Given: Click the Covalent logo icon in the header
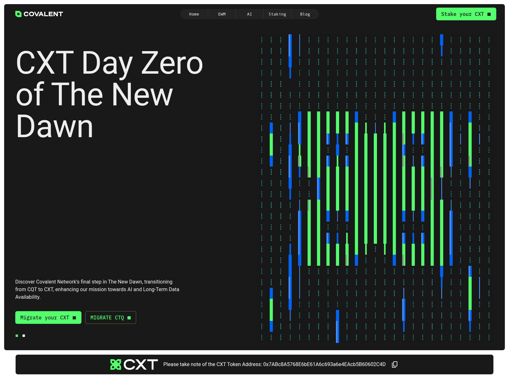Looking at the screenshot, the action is (18, 14).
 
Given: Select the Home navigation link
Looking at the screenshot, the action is (194, 14).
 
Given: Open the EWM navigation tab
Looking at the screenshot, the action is (222, 14).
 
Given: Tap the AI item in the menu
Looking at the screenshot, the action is (249, 14).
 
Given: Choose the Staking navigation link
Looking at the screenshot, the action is (277, 14).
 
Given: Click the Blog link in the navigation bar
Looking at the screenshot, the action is (305, 14).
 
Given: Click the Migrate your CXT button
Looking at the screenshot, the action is (48, 317).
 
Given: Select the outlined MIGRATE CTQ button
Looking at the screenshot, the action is (111, 317).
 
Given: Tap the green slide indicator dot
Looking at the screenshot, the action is (17, 336).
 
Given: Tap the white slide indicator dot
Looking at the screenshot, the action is (24, 336).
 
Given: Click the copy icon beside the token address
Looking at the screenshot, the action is (395, 364).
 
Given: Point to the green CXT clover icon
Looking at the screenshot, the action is (116, 364).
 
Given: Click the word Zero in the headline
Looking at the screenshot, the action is (172, 63).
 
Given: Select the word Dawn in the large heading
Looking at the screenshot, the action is (54, 127).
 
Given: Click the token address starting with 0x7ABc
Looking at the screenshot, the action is (324, 364).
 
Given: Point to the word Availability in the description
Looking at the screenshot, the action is (28, 297).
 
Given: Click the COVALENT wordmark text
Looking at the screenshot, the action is (43, 14).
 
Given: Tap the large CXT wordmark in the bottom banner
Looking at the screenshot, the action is (141, 365).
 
